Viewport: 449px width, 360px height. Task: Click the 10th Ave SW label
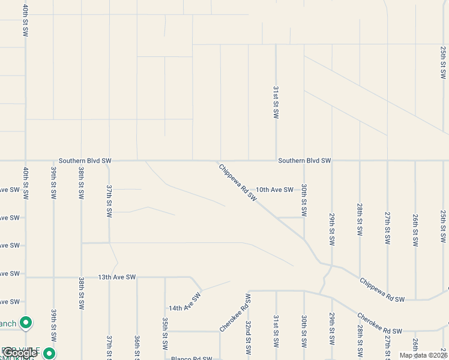pos(274,190)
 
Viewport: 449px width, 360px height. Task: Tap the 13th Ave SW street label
pos(117,277)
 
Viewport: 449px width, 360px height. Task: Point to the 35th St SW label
pos(165,335)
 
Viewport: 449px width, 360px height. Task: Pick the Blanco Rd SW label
pos(191,359)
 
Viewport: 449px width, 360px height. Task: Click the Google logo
pos(19,353)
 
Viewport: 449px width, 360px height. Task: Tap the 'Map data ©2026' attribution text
pos(423,355)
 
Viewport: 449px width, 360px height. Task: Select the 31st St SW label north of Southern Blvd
pos(276,102)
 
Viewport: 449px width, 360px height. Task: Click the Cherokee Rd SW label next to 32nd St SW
pos(234,313)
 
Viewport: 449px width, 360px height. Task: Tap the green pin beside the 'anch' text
pos(25,323)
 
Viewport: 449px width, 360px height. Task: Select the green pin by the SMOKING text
pos(49,353)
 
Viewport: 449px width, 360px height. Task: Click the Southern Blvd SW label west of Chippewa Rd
pos(85,161)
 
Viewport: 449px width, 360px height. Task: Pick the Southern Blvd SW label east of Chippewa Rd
pos(304,161)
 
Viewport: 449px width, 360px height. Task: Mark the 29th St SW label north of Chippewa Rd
pos(332,229)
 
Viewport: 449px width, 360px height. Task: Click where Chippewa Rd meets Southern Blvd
pos(217,161)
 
